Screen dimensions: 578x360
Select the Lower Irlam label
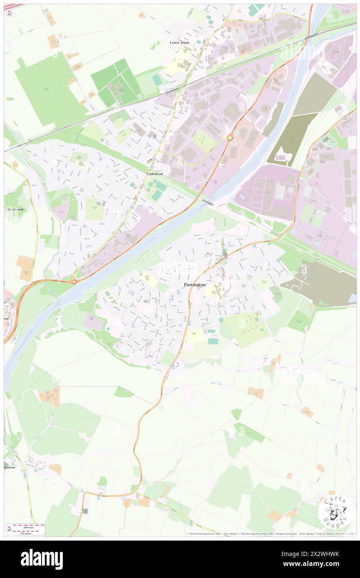[x=180, y=42]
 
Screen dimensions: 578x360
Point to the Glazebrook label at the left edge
[x=14, y=209]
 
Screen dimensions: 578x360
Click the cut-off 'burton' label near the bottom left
[x=10, y=467]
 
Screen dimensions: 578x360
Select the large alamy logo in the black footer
[x=42, y=559]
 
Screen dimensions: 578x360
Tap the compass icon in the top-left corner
[x=9, y=12]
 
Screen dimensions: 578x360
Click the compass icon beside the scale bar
[x=10, y=528]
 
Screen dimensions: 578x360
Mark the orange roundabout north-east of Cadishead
[x=229, y=138]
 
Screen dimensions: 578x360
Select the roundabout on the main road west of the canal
[x=74, y=282]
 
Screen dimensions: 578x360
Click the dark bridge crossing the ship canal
[x=207, y=203]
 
